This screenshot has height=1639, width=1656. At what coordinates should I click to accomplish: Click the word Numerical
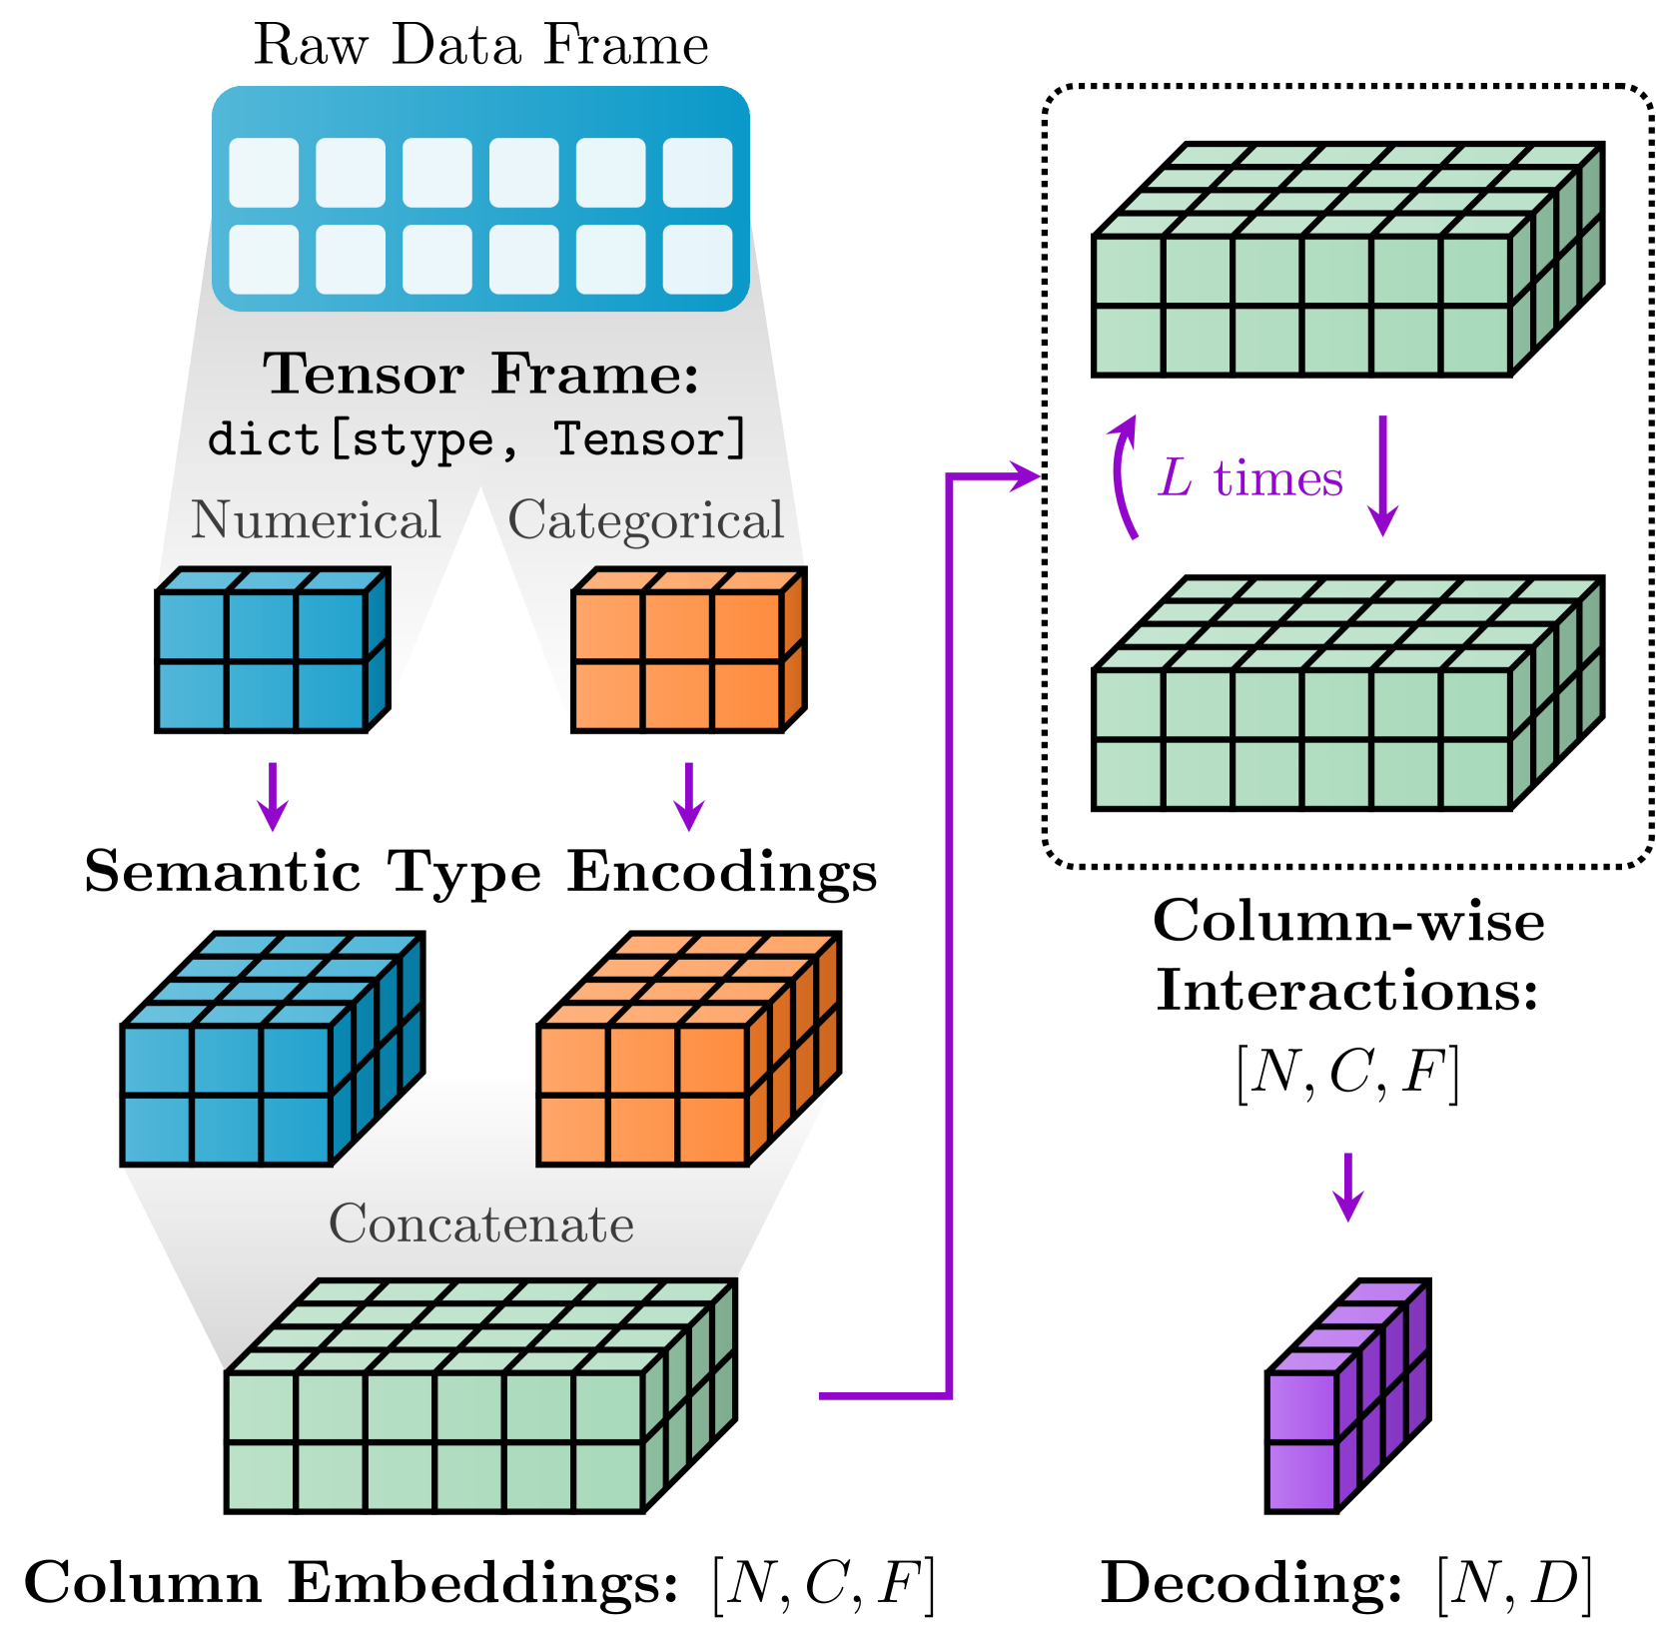[316, 520]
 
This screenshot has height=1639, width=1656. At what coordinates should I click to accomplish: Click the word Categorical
[646, 520]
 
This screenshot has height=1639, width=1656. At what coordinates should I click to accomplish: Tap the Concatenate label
[481, 1225]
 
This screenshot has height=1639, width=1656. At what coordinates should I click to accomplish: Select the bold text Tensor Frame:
[481, 375]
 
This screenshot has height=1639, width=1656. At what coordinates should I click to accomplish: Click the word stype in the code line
[423, 440]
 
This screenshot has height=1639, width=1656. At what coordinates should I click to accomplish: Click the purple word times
[1277, 478]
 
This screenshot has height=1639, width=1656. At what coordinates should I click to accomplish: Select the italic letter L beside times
[1176, 478]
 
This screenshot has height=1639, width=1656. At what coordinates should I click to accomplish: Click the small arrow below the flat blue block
[273, 797]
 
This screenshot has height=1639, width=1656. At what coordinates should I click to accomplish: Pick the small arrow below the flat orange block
[688, 797]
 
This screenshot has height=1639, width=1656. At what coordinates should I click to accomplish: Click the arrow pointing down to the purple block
[1348, 1187]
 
